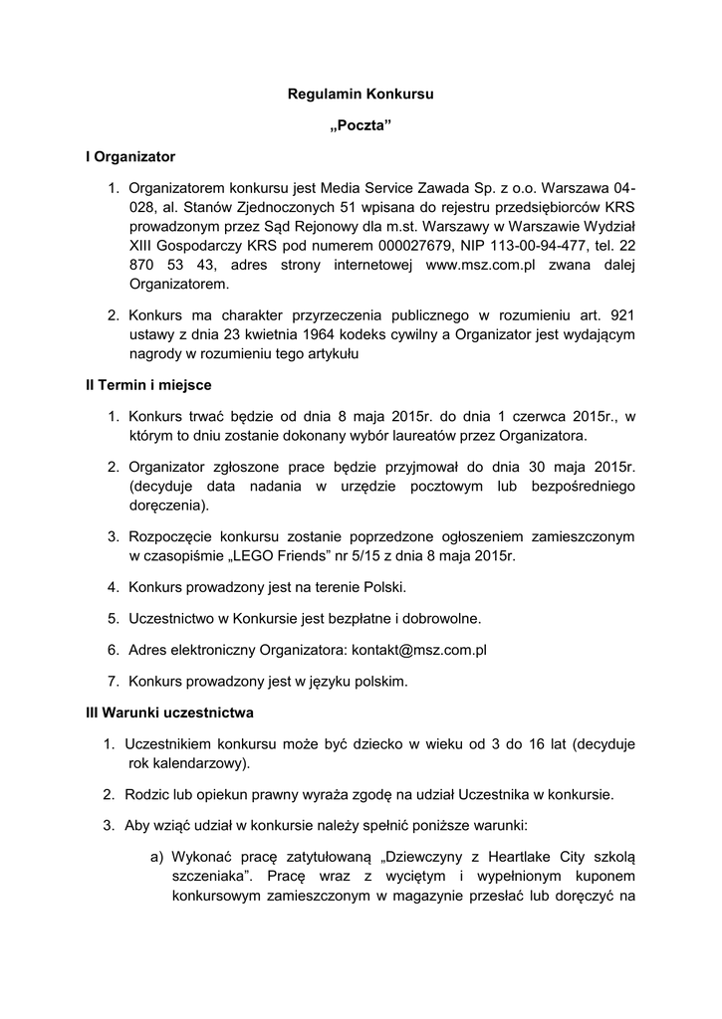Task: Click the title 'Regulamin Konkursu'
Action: point(361,95)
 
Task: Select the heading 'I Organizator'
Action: point(130,156)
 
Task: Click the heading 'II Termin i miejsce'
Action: point(148,384)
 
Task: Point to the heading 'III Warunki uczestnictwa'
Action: point(169,713)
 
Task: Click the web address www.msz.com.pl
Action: point(481,265)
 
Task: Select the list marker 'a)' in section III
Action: point(157,856)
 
